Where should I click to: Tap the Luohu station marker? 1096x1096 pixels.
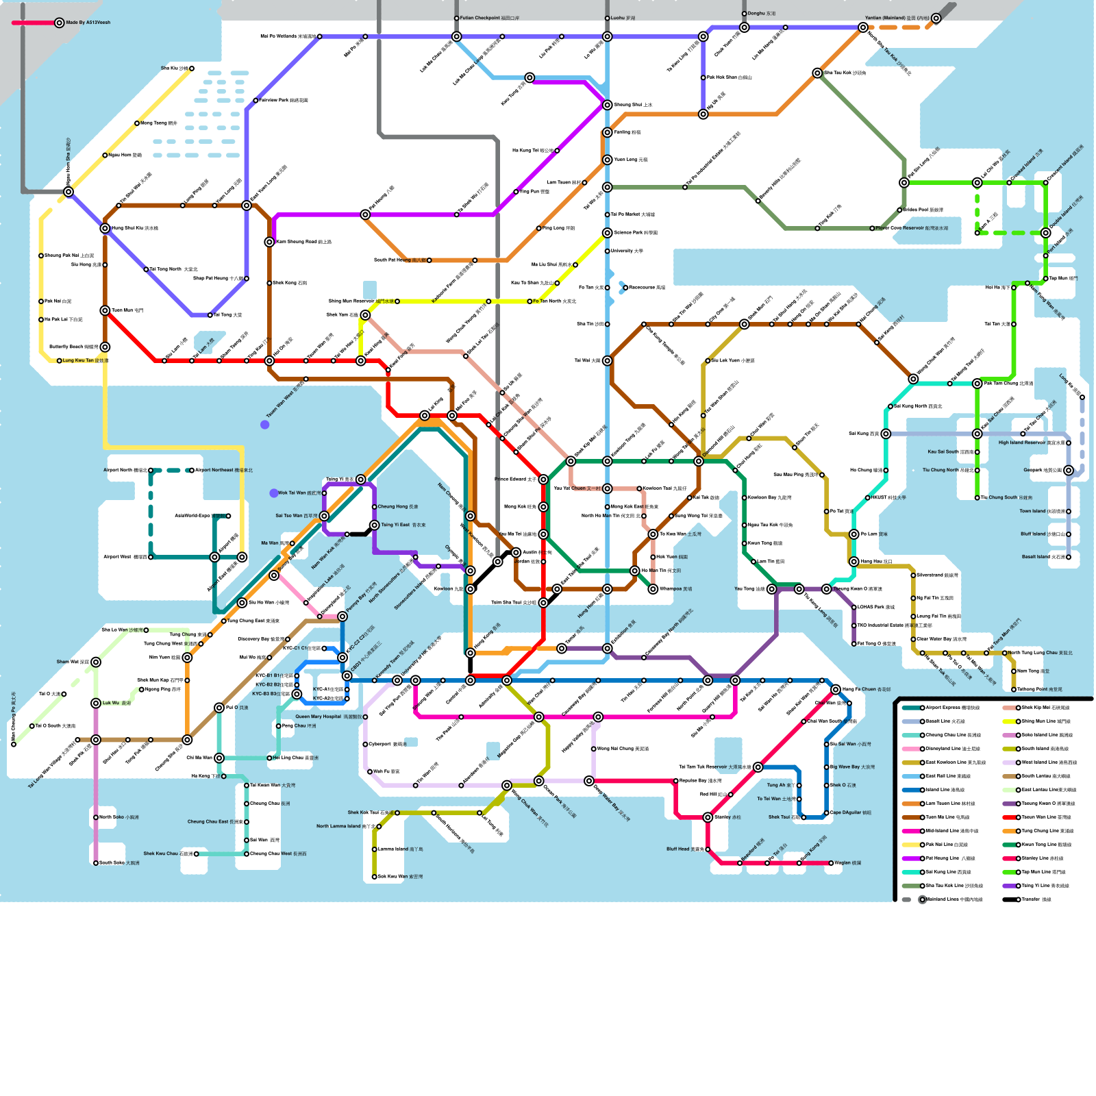click(x=607, y=18)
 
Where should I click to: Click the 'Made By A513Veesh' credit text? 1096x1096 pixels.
click(x=88, y=23)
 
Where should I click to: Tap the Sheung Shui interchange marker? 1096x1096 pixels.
click(x=608, y=105)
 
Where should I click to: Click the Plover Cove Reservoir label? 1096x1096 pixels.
click(x=912, y=228)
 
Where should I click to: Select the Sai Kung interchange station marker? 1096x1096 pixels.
click(x=886, y=434)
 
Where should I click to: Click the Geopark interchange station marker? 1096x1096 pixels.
click(x=1069, y=471)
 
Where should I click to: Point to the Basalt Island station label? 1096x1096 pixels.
click(x=1043, y=557)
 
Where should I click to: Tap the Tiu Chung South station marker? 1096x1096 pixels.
click(x=977, y=498)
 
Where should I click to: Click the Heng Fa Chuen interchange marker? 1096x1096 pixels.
click(x=836, y=689)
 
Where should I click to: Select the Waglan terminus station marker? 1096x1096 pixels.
click(x=832, y=863)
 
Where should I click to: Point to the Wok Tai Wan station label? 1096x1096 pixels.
click(x=299, y=493)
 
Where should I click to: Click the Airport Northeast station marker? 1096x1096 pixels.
click(x=192, y=471)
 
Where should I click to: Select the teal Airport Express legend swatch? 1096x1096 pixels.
click(x=910, y=708)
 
